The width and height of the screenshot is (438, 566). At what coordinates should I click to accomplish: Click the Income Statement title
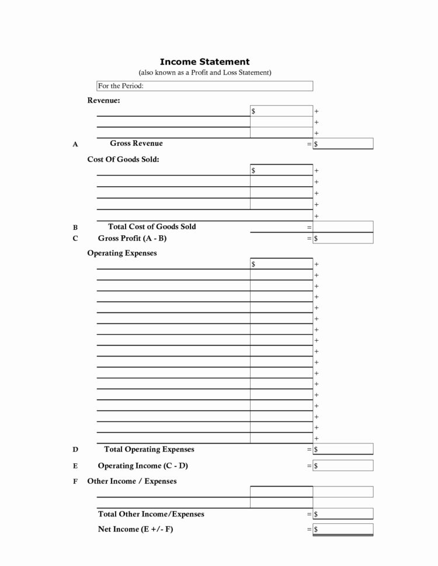click(204, 61)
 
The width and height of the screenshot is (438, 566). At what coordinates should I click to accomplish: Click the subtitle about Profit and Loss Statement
click(204, 72)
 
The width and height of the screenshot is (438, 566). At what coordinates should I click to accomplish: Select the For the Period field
click(204, 86)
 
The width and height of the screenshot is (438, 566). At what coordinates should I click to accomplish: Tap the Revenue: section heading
click(104, 100)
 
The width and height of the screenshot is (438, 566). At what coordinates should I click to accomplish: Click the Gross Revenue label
click(136, 144)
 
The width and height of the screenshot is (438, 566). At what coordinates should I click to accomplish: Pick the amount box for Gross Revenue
click(343, 144)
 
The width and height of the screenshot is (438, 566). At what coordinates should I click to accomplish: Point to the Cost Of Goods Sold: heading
click(123, 159)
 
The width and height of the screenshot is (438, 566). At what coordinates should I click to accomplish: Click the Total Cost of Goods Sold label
click(152, 226)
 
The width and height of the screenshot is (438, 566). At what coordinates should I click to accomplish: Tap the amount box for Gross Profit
click(343, 238)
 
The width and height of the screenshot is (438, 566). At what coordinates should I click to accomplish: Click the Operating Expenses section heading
click(122, 253)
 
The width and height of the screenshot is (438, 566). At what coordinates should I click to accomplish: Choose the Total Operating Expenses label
click(149, 449)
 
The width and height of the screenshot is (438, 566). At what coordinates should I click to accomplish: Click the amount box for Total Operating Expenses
click(343, 449)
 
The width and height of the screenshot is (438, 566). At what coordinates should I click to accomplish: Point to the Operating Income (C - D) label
click(142, 466)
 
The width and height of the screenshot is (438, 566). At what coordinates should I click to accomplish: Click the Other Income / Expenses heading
click(131, 481)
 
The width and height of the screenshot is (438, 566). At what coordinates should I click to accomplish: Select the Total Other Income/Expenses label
click(151, 514)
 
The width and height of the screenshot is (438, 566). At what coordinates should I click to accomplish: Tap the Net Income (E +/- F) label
click(136, 529)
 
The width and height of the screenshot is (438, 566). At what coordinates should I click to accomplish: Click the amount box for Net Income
click(343, 529)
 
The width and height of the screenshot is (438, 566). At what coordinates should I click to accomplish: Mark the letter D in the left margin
click(75, 450)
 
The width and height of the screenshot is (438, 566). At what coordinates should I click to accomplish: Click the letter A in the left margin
click(75, 144)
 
